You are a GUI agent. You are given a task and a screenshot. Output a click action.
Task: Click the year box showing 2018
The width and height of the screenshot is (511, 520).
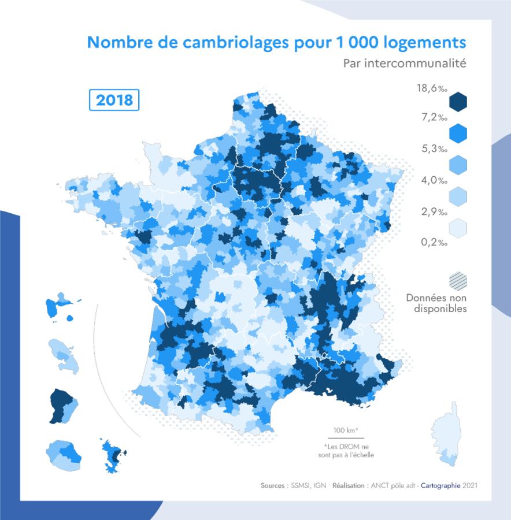[114, 100]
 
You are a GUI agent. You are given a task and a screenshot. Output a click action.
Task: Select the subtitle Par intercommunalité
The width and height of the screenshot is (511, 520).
[404, 63]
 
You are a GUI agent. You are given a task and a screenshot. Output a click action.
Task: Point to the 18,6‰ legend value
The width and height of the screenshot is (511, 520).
[432, 88]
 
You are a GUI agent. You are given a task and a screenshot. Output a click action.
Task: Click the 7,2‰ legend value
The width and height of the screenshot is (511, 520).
[434, 118]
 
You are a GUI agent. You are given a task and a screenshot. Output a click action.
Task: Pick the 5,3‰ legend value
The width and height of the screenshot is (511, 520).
[434, 149]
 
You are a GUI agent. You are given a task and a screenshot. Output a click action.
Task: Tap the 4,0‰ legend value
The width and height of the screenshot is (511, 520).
[434, 180]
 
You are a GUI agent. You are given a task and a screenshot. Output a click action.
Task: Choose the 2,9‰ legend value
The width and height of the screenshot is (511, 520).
[434, 211]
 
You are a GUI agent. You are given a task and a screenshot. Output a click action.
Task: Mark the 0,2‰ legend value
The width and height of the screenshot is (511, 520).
[434, 242]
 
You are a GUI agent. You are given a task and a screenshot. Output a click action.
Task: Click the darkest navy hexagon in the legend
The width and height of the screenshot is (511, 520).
[458, 102]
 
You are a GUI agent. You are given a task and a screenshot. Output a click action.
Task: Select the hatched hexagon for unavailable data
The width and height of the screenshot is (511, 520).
[458, 281]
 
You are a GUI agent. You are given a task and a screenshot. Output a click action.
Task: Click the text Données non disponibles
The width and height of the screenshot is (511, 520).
[436, 303]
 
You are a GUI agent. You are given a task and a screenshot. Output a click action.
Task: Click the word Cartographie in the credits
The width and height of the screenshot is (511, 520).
[440, 486]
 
